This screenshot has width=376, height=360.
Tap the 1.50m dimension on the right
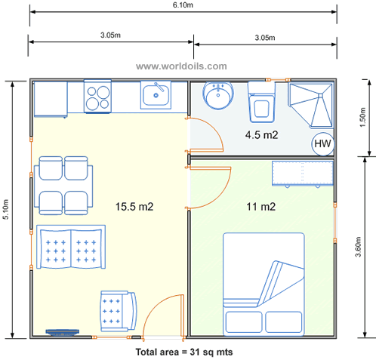(363, 118)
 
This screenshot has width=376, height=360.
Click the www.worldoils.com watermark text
(181, 66)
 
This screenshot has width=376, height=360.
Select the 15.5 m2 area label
(134, 205)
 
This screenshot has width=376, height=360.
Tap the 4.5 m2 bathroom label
(261, 135)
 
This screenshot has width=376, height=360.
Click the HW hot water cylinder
(322, 143)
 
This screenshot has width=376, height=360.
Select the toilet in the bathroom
(262, 106)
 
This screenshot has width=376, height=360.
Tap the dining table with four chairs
(63, 185)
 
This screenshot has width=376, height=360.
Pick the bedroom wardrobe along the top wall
(301, 173)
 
